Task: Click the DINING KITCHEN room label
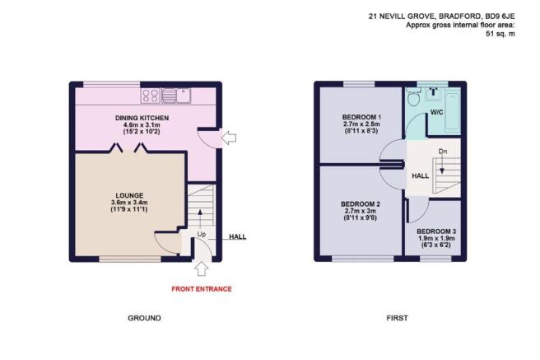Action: coord(142,118)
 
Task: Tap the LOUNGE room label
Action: coord(129,196)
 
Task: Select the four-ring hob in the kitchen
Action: coord(151,96)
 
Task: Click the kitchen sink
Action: coord(176,96)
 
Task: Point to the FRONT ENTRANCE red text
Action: coord(202,289)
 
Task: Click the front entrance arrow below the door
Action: coord(201,269)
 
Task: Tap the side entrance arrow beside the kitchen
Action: coord(228,138)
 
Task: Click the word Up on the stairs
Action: coord(202,234)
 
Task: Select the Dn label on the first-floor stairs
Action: coord(443,152)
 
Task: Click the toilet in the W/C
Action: coord(413,96)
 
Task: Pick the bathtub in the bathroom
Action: coord(453,110)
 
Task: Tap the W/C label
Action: coord(436,112)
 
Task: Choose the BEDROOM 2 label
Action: coord(361,204)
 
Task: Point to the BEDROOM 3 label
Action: coord(436,231)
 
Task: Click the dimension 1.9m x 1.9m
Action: coord(436,238)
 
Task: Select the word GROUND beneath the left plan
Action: coord(144,318)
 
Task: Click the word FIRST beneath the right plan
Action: coord(397,318)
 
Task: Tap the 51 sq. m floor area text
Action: coord(500,34)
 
